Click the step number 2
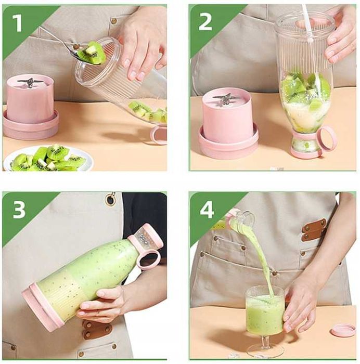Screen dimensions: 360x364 point(205,22)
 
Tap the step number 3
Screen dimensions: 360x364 point(19,210)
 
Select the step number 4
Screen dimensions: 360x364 point(207,210)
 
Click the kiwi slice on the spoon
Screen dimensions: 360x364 point(91,53)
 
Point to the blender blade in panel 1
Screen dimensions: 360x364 point(30,82)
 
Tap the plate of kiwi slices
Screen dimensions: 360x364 point(48,159)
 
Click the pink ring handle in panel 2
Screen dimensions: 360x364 point(327,139)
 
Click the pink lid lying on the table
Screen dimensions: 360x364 point(343,330)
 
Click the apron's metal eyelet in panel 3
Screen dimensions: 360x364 point(110,199)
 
